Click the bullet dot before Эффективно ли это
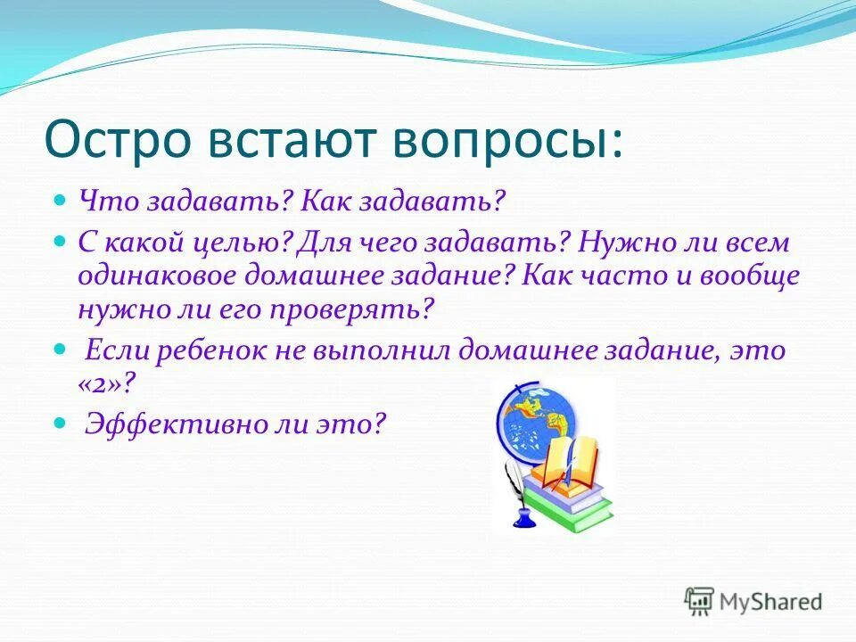pyautogui.click(x=61, y=424)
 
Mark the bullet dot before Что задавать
pyautogui.click(x=61, y=201)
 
